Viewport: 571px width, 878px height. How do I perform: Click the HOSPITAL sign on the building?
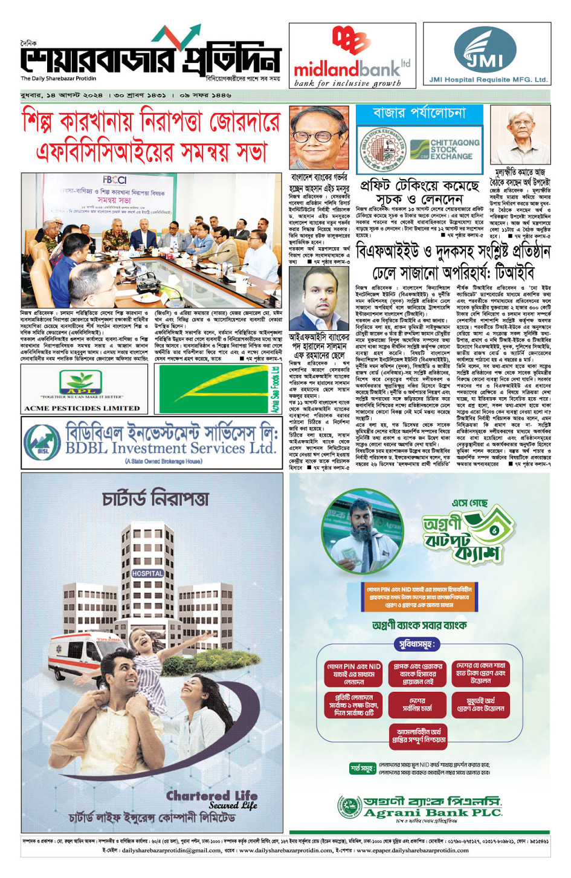(147, 573)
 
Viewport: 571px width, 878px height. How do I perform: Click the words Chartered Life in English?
(211, 795)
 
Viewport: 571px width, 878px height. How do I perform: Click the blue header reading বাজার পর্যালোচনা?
(419, 113)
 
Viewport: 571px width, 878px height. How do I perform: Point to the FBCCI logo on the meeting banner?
(114, 180)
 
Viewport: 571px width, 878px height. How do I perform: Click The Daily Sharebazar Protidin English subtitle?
(58, 79)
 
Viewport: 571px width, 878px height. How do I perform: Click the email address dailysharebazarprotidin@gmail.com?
(172, 850)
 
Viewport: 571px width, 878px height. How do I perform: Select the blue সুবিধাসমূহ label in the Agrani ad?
(416, 644)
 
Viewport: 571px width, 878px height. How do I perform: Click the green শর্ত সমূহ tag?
(363, 768)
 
